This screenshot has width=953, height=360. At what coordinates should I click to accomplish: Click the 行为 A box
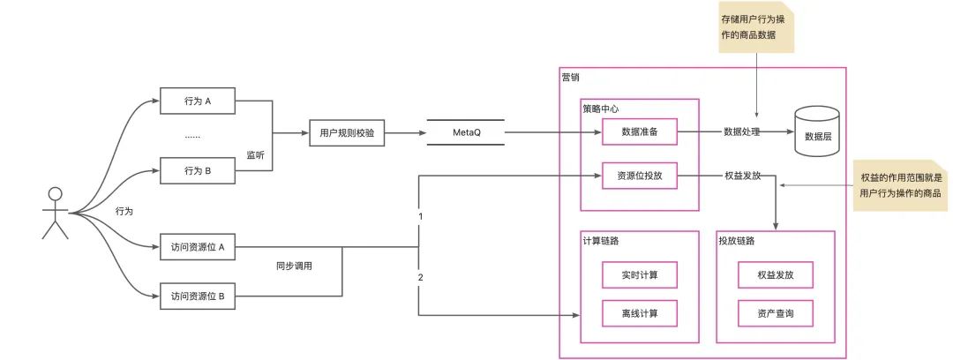(x=199, y=101)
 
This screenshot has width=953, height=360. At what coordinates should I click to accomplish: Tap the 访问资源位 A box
(x=199, y=247)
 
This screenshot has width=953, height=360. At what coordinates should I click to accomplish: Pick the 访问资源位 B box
(x=199, y=296)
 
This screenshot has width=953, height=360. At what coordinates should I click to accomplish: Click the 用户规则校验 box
(x=346, y=133)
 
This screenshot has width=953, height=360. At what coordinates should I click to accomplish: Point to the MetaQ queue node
(x=465, y=133)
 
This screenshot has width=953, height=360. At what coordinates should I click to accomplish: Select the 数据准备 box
(x=639, y=132)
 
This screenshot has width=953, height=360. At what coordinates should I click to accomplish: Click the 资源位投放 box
(x=639, y=176)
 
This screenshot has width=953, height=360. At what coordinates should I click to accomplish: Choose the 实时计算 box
(x=639, y=275)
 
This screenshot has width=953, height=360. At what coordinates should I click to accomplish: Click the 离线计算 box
(x=639, y=312)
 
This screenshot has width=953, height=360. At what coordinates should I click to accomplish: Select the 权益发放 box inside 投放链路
(x=775, y=275)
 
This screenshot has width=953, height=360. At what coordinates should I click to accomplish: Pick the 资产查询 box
(x=775, y=312)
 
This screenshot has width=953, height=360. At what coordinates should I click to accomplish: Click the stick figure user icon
(x=56, y=213)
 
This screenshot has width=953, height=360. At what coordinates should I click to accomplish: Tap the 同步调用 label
(x=294, y=265)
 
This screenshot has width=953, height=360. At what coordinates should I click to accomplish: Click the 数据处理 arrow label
(x=744, y=132)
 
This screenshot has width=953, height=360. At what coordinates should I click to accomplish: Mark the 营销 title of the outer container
(x=572, y=78)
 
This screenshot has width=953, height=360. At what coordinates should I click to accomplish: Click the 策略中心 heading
(x=600, y=109)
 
